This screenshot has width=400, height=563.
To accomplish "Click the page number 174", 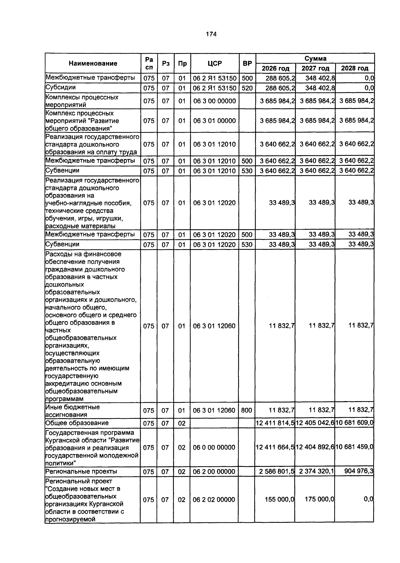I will tap(211, 34).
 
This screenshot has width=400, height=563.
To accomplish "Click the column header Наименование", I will tap(93, 63).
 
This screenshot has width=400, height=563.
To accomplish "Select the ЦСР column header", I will tap(214, 63).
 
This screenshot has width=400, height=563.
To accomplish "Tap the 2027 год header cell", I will tap(315, 68).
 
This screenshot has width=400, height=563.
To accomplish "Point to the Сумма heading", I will tap(315, 58).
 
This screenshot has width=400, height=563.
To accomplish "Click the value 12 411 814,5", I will tap(275, 423).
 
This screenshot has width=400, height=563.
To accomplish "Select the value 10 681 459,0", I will tap(354, 447).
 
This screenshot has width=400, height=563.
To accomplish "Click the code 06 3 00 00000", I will tap(214, 101).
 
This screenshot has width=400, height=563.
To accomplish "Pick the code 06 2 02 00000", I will tap(214, 500).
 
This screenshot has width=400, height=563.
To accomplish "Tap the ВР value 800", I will tap(246, 410).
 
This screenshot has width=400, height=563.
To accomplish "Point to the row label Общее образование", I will tap(77, 423).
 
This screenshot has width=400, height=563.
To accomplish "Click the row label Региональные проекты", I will tap(81, 471).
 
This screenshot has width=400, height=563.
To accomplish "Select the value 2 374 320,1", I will tap(317, 471).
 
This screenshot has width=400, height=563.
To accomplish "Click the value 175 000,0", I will tap(319, 499).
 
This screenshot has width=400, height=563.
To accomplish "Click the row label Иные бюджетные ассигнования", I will tap(73, 411).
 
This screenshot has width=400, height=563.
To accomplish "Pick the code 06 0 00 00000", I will tap(214, 447).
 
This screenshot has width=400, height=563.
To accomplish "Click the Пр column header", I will tap(182, 63).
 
